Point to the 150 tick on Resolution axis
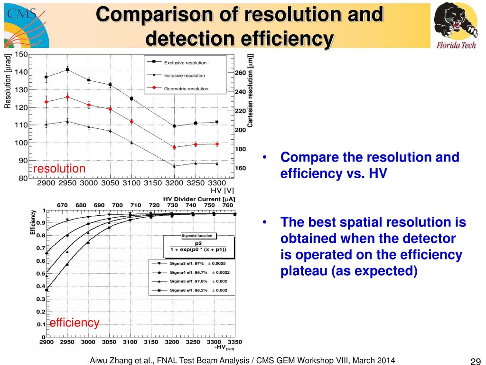[21, 54]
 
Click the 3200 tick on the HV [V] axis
[175, 183]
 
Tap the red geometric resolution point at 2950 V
[67, 97]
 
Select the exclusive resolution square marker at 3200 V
[174, 126]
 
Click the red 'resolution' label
[59, 168]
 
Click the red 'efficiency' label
[75, 323]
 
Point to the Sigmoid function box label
[197, 235]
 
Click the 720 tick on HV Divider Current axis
[154, 205]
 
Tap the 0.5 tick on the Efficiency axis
[41, 273]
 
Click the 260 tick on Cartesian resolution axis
[241, 73]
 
